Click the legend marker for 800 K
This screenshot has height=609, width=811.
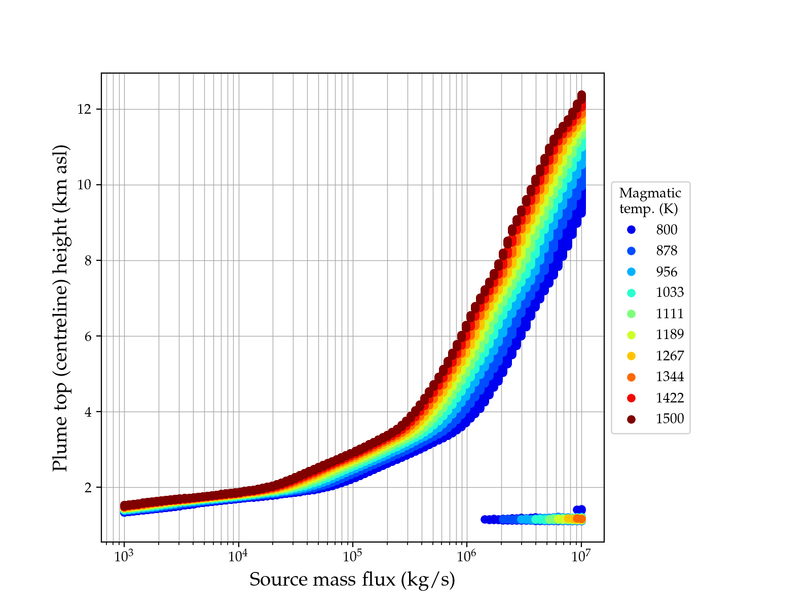click(631, 230)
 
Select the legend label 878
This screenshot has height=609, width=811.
click(667, 251)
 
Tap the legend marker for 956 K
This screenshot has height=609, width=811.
click(631, 272)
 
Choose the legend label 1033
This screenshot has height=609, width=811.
click(670, 293)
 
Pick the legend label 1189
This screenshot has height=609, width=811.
click(670, 335)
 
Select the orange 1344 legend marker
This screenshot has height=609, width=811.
click(631, 377)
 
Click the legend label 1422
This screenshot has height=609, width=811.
click(670, 398)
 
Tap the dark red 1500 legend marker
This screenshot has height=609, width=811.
click(631, 419)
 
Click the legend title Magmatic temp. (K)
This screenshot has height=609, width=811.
click(650, 201)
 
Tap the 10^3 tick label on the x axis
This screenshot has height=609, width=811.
click(124, 556)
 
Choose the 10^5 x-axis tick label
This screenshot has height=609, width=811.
click(353, 556)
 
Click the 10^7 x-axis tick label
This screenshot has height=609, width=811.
click(581, 556)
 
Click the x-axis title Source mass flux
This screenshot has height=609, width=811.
click(352, 580)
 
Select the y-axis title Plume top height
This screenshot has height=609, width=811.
click(60, 308)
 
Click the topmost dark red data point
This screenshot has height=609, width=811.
click(581, 95)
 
